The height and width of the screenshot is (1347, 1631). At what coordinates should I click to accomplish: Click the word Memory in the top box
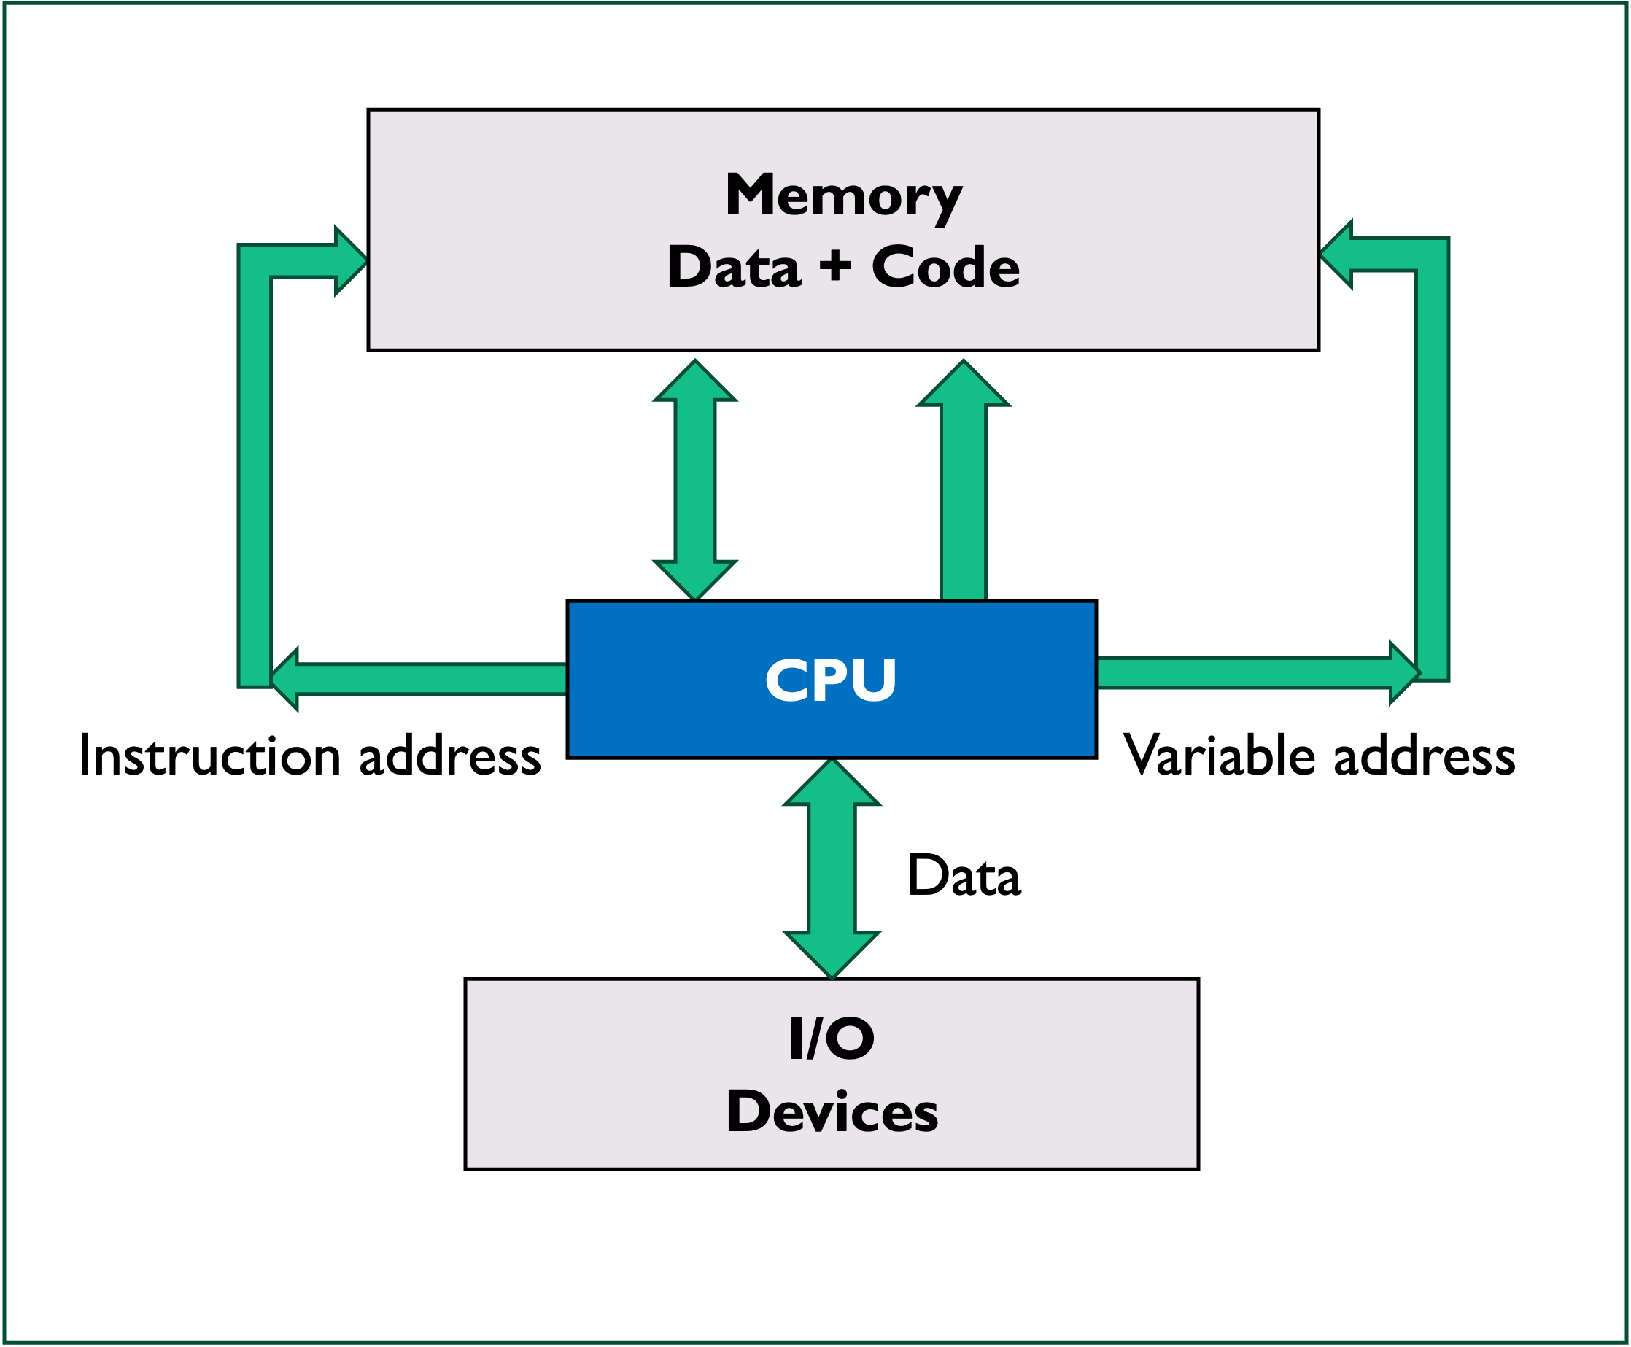point(843,196)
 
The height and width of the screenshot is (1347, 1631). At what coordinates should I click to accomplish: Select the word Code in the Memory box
point(945,268)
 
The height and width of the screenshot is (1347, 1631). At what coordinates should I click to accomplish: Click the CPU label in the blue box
point(830,680)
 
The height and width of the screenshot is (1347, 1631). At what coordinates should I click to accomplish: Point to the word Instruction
point(209,756)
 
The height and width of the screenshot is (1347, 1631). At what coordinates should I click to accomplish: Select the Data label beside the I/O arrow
point(964,876)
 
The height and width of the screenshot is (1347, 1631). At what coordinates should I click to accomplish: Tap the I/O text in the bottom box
point(831,1039)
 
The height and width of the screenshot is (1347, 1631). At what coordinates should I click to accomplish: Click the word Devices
point(831,1112)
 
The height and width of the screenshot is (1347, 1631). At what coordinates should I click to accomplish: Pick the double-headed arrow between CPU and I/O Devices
point(831,869)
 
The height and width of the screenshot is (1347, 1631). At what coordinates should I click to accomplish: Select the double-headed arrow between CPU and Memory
point(694,481)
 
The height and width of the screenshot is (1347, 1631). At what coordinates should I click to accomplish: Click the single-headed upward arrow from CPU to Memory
point(963,497)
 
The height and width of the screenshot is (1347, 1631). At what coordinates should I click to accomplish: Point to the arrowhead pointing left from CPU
point(285,680)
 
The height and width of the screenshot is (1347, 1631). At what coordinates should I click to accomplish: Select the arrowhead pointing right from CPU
point(1403,672)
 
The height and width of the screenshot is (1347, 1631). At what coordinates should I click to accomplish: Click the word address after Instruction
point(450,756)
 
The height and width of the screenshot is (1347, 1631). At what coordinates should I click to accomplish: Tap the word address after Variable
point(1425,756)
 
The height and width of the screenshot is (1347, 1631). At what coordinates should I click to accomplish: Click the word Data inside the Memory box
point(733,268)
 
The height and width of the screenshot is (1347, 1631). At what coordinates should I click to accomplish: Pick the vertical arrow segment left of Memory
point(255,481)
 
